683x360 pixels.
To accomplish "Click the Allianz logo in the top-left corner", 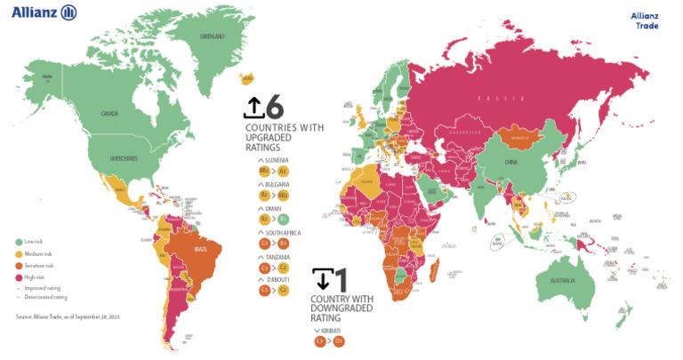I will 44,12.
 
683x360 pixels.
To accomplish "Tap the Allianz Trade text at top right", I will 644,20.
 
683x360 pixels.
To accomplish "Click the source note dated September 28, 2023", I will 67,316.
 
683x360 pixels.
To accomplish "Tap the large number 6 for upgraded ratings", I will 274,108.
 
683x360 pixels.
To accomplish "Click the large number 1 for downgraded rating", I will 341,279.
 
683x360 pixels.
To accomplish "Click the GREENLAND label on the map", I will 213,36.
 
